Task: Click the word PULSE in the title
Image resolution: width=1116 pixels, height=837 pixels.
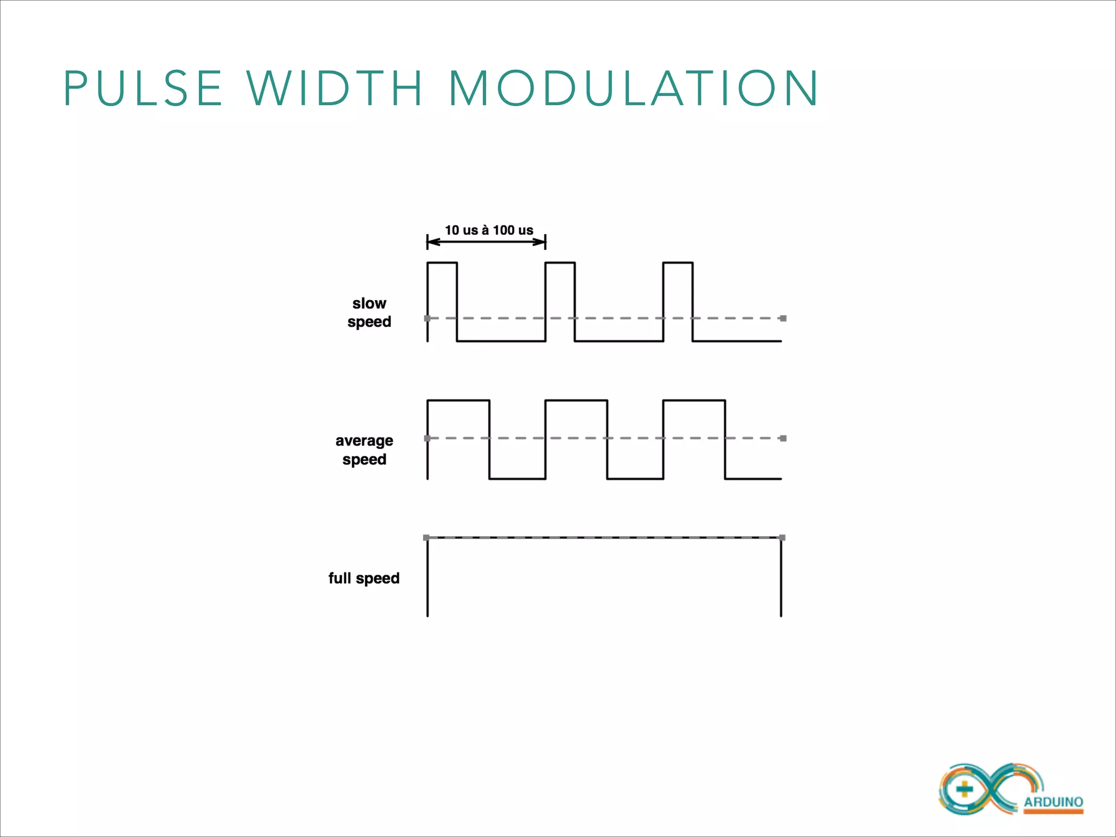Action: tap(143, 88)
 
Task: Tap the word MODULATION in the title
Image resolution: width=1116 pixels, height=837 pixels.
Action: tap(633, 88)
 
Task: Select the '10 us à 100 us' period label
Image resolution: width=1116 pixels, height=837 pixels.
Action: tap(489, 230)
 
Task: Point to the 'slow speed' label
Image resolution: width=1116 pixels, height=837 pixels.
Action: tap(369, 312)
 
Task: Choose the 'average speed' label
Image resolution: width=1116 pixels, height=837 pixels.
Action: tap(364, 450)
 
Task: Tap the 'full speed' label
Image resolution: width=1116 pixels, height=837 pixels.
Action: tap(363, 578)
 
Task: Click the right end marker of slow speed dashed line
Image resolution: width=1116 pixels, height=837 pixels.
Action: tap(783, 318)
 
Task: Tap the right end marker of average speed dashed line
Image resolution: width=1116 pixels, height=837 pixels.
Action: tap(783, 438)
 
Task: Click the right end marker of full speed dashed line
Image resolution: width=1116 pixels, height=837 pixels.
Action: tap(783, 538)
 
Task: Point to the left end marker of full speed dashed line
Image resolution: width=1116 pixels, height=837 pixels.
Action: tap(426, 538)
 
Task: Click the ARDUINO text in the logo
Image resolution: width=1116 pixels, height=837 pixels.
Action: tap(1053, 802)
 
